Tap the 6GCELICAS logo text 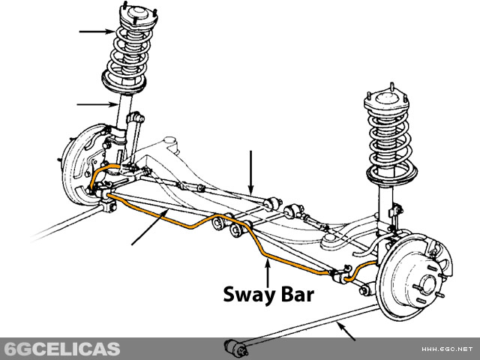(61, 349)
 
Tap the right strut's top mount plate (386, 100)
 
